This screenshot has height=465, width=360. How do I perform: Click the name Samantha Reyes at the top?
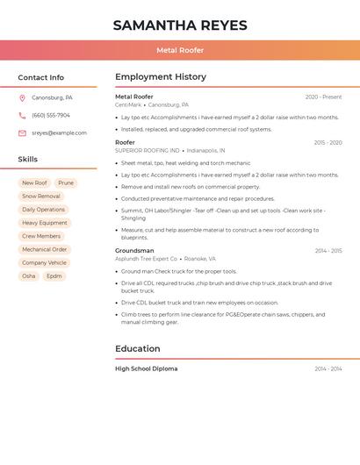click(x=180, y=25)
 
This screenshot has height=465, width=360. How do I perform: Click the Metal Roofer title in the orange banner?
click(x=180, y=51)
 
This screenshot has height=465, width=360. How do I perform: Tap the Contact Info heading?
click(x=41, y=77)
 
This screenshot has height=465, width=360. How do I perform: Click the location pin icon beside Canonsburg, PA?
click(x=22, y=97)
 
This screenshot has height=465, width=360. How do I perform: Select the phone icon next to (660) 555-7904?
click(x=22, y=115)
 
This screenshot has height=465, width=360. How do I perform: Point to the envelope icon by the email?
click(x=22, y=132)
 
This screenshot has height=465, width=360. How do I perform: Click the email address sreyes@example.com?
click(x=59, y=132)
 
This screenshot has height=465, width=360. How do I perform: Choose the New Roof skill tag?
click(x=35, y=183)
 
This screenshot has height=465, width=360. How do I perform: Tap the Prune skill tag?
click(x=66, y=183)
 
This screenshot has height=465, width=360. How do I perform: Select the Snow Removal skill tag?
click(x=41, y=197)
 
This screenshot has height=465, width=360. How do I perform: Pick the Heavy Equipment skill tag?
click(x=44, y=223)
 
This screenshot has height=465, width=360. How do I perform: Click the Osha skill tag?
click(x=29, y=275)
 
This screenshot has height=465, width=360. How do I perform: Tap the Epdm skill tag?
click(x=54, y=275)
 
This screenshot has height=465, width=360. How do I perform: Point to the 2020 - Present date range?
click(x=323, y=97)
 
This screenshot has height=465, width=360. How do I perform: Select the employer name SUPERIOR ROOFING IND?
click(x=147, y=150)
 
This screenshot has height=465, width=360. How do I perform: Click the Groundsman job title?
click(x=134, y=251)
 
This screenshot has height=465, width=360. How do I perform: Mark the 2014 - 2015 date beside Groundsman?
click(x=328, y=251)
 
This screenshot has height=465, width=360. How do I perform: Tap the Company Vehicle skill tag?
click(x=44, y=262)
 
